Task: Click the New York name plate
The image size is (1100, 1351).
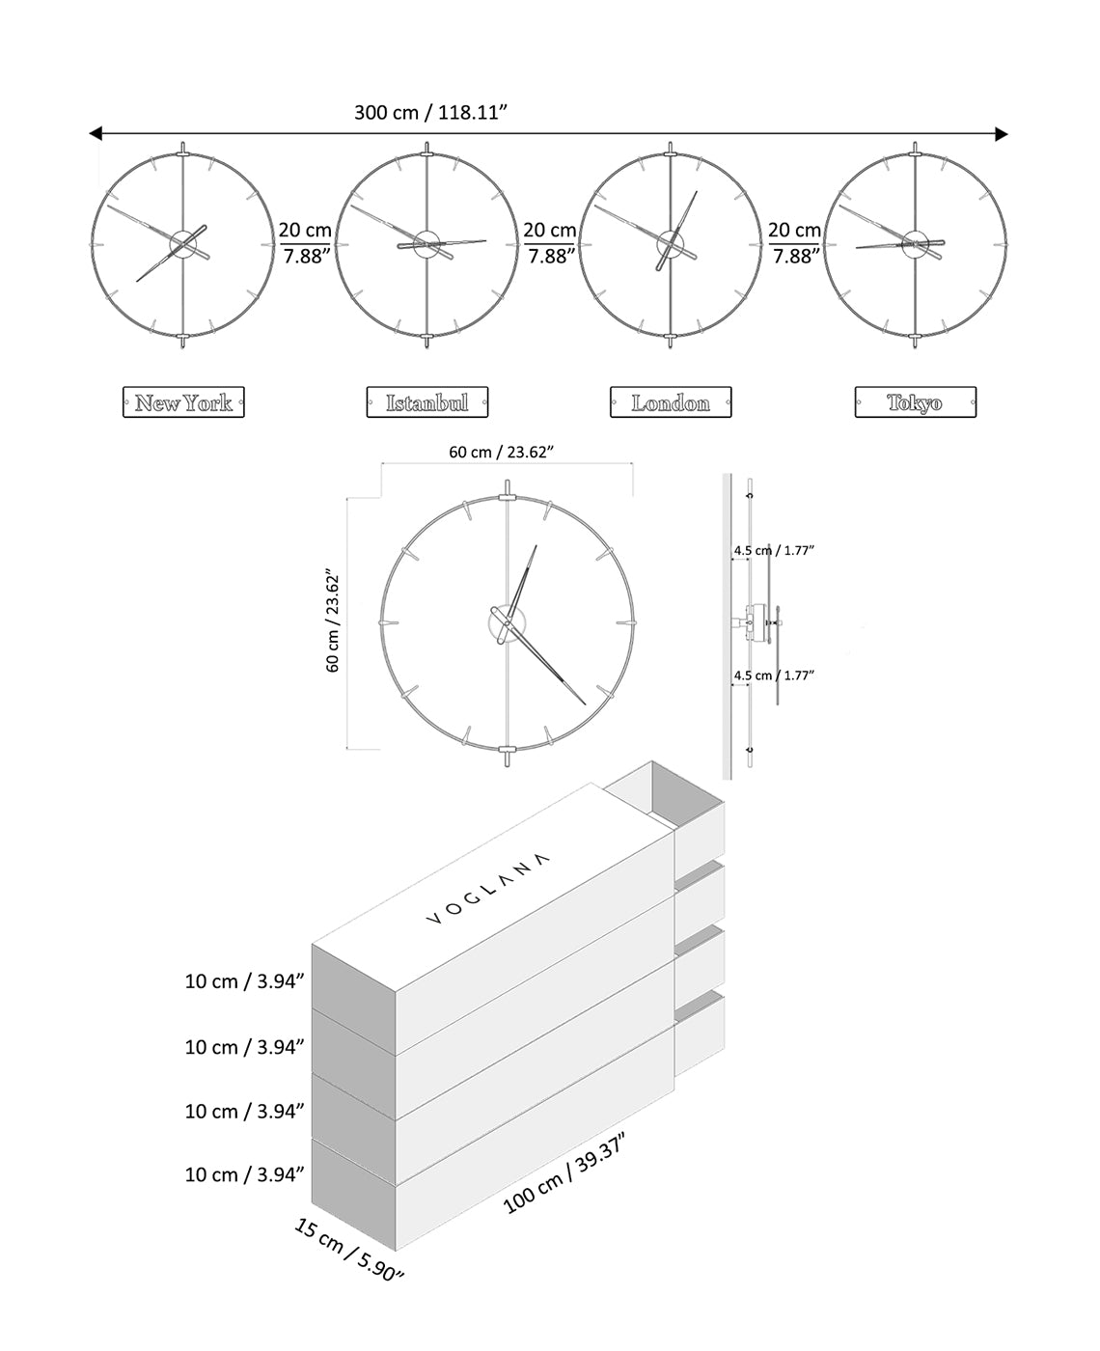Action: click(x=183, y=402)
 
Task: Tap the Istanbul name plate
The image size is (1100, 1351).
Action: click(x=427, y=402)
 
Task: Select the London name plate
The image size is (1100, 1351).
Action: click(x=671, y=402)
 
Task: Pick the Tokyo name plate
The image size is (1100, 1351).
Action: click(x=915, y=402)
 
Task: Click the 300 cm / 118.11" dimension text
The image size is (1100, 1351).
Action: click(x=430, y=112)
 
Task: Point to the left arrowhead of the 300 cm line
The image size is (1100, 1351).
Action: click(x=95, y=133)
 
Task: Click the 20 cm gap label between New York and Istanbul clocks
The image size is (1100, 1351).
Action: click(x=305, y=243)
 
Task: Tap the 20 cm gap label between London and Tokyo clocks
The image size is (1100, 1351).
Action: click(x=794, y=243)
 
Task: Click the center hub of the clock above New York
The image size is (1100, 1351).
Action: click(x=182, y=244)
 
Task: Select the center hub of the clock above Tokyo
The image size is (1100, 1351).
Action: click(x=914, y=244)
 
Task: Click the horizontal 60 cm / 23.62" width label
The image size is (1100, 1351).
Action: click(x=501, y=452)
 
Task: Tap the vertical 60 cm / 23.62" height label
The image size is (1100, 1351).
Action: click(x=333, y=620)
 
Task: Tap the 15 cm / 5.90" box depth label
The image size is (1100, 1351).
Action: click(x=347, y=1251)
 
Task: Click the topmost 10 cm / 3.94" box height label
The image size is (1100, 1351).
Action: click(x=244, y=981)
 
